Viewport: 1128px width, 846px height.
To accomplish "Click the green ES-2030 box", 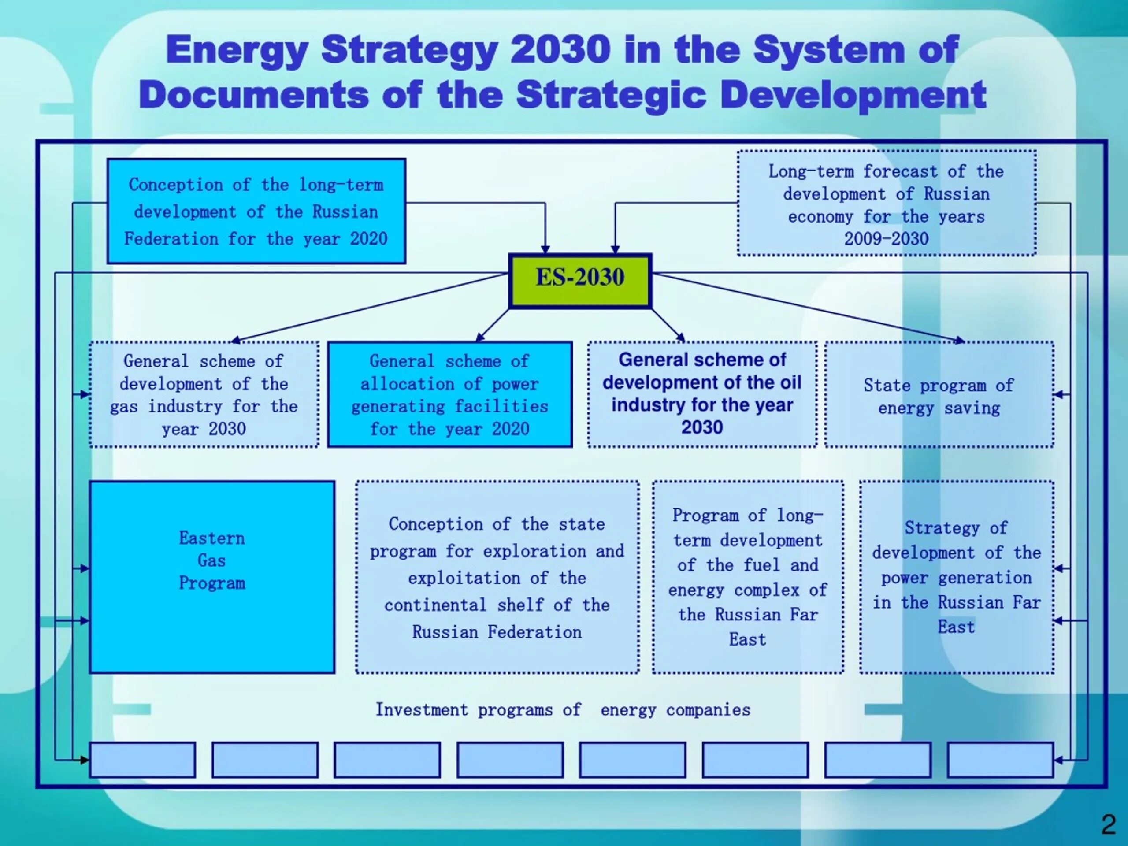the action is (580, 281).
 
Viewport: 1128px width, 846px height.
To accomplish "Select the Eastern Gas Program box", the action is (211, 577).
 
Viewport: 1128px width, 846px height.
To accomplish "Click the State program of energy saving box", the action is (939, 395).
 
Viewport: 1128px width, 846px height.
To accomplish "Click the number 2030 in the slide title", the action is (560, 50).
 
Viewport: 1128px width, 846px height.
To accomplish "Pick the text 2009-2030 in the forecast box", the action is (886, 239).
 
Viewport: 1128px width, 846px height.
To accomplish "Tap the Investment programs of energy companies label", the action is (563, 710).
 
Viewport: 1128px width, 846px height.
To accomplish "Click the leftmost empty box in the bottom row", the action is (142, 760).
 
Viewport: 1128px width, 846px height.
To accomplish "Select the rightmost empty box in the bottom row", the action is (1000, 760).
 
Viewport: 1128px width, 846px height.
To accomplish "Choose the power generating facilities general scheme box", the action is (449, 395).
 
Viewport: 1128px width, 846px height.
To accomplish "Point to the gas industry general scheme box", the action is (204, 395).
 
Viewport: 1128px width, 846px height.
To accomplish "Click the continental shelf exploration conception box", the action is (497, 577).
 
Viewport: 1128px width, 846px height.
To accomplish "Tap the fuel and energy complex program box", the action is (748, 577).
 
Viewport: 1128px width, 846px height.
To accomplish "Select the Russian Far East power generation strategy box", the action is (956, 577).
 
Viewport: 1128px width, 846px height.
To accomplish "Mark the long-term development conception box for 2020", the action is (256, 211).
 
